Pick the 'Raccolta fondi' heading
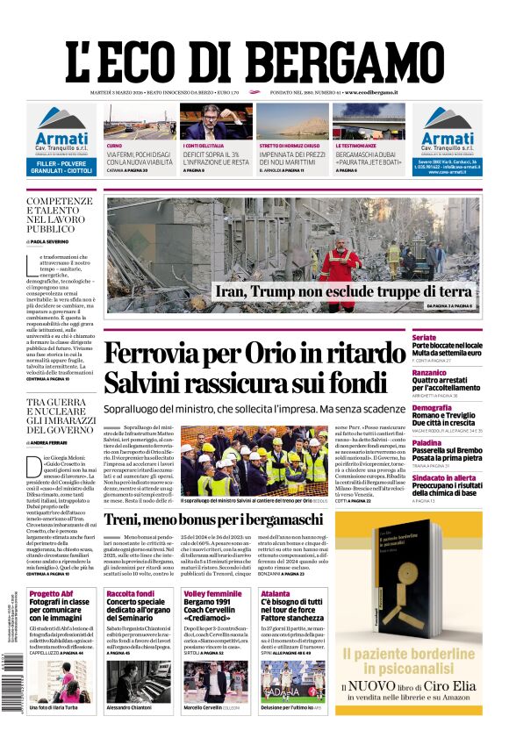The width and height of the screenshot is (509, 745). coord(130,594)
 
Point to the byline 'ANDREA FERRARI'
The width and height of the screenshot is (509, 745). coord(54,443)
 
